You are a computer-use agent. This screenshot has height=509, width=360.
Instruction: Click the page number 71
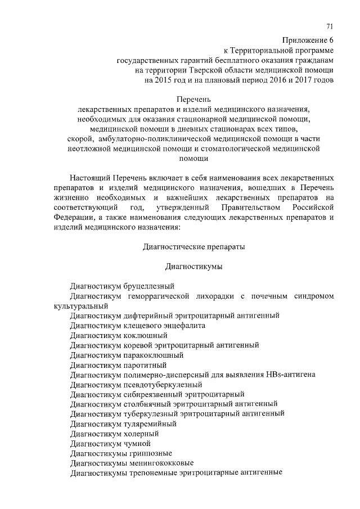pyautogui.click(x=330, y=27)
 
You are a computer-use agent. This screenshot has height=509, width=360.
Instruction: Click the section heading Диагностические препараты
pyautogui.click(x=194, y=246)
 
